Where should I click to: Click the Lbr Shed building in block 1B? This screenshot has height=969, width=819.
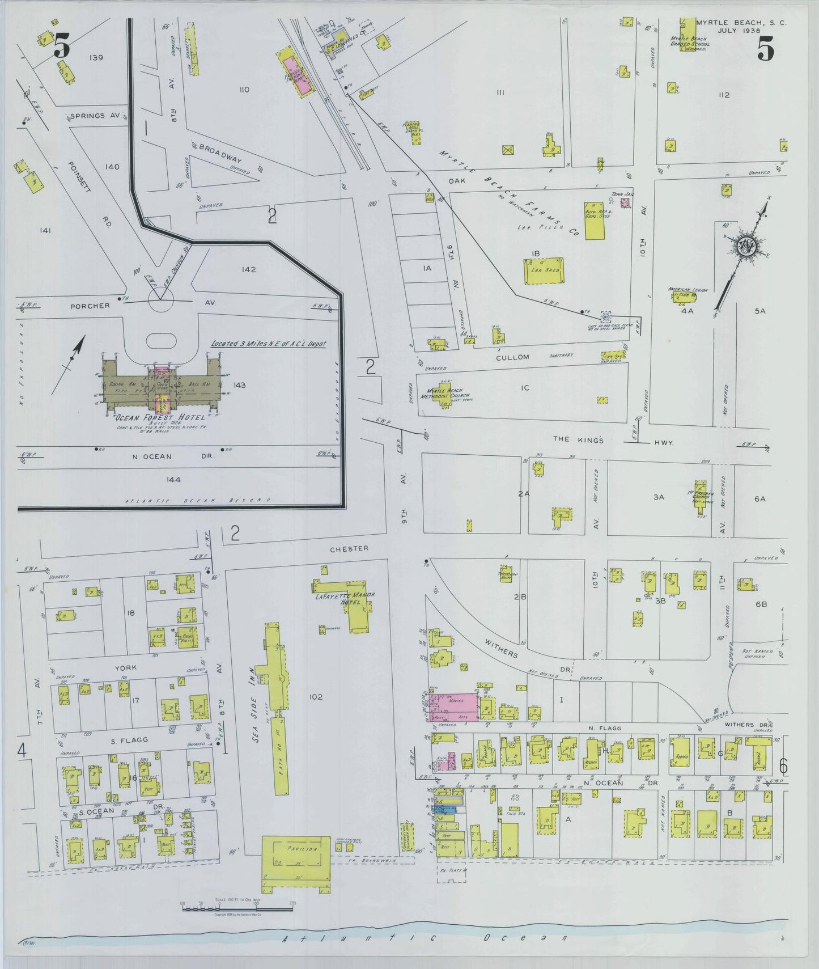(x=544, y=270)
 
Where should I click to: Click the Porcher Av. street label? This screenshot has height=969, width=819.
(x=91, y=306)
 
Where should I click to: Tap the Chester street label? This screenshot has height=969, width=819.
(x=350, y=548)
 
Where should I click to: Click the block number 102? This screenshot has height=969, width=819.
(x=316, y=697)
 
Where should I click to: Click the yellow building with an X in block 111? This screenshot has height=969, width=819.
(x=508, y=150)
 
